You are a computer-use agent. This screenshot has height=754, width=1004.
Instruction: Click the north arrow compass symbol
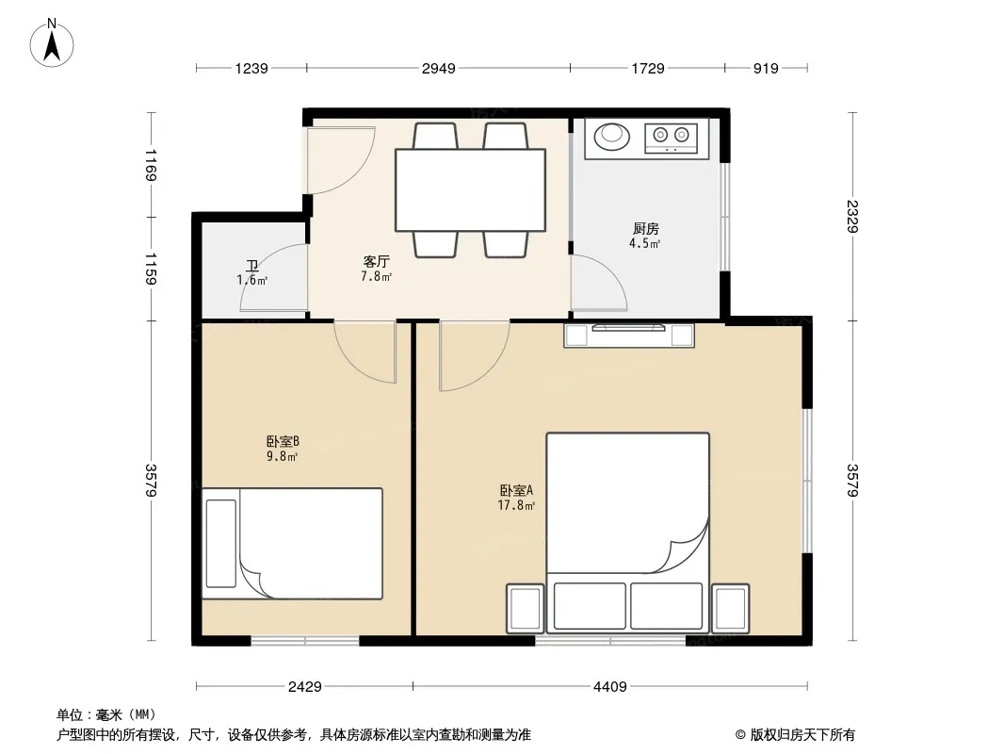pyautogui.click(x=52, y=43)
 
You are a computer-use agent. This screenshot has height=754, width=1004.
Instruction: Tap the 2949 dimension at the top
pyautogui.click(x=439, y=69)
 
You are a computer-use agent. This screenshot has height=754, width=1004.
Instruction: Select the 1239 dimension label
pyautogui.click(x=251, y=69)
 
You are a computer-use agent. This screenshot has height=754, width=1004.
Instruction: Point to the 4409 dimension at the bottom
pyautogui.click(x=609, y=687)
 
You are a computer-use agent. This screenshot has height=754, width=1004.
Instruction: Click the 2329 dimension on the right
pyautogui.click(x=852, y=216)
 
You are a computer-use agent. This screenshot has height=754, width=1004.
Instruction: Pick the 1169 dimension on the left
pyautogui.click(x=151, y=165)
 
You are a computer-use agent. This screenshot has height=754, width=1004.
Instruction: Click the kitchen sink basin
pyautogui.click(x=612, y=136)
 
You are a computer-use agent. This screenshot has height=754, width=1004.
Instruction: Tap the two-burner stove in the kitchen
pyautogui.click(x=671, y=137)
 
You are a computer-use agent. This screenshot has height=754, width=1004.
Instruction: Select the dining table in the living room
pyautogui.click(x=470, y=189)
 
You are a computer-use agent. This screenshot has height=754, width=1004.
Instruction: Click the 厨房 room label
pyautogui.click(x=645, y=229)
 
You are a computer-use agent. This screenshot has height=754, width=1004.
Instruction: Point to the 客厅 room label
pyautogui.click(x=377, y=261)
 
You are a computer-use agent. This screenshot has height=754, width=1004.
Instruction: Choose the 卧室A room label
pyautogui.click(x=517, y=491)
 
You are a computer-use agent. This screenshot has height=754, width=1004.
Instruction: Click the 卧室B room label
pyautogui.click(x=283, y=441)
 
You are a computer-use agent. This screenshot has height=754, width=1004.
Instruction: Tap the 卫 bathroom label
pyautogui.click(x=251, y=265)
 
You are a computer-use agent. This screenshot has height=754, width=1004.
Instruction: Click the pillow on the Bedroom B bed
pyautogui.click(x=221, y=544)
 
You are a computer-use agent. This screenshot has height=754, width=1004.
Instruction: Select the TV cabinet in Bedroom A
pyautogui.click(x=629, y=336)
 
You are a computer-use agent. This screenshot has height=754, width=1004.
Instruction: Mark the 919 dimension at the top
pyautogui.click(x=766, y=69)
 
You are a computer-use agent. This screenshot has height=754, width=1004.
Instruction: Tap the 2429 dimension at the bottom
pyautogui.click(x=305, y=687)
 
